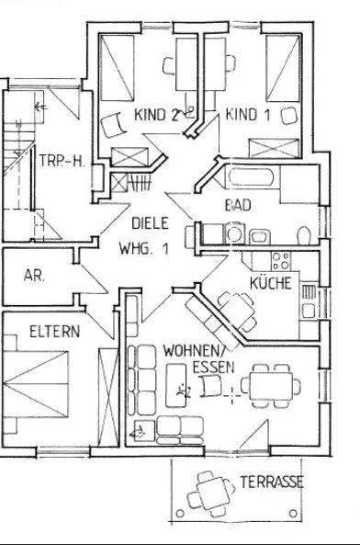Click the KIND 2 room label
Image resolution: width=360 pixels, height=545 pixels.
[156, 115]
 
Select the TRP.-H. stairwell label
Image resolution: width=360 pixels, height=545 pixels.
[62, 161]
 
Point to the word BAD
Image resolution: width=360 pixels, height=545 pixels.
[238, 205]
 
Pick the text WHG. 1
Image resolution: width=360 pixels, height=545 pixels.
[144, 248]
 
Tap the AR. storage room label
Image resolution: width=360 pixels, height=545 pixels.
[35, 274]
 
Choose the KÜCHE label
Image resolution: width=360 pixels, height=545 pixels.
[270, 283]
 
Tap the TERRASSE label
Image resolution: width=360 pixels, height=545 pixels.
[272, 482]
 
